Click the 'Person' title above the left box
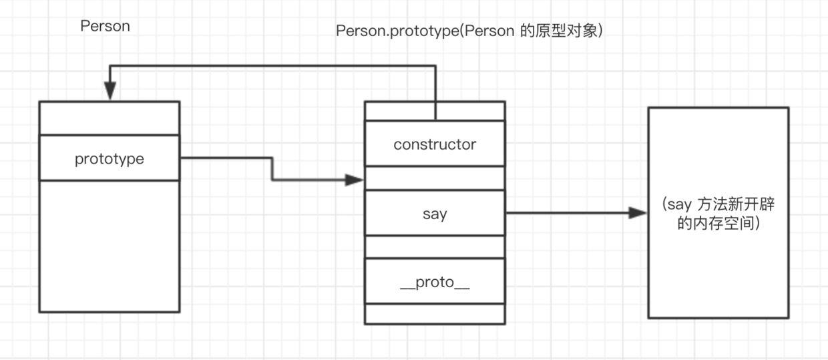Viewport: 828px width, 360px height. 105,26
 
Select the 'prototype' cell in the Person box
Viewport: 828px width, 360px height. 109,158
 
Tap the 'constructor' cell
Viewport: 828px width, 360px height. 435,144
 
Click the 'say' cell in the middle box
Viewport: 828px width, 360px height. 435,214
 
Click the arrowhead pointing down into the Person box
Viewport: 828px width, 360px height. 110,91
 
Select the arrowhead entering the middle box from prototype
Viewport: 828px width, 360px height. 354,180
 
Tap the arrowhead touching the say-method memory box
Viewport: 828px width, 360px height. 638,213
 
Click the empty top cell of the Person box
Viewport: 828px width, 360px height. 109,118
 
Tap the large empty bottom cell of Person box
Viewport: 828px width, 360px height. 109,245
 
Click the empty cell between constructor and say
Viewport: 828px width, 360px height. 435,178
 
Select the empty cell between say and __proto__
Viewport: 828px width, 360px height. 435,246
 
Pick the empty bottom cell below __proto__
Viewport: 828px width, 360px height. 435,313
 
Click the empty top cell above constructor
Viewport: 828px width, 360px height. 435,111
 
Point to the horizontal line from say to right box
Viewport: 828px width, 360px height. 568,213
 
